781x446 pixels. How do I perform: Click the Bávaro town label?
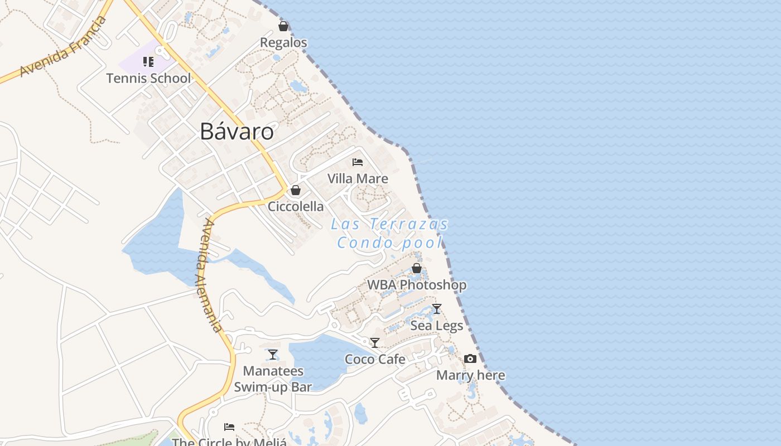coord(237,132)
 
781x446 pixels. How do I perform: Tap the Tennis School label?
coord(148,78)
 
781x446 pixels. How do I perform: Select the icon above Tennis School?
coord(148,61)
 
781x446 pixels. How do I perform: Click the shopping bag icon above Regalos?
coord(283,26)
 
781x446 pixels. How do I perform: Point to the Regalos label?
coord(283,42)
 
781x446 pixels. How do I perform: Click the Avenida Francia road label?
coord(62,47)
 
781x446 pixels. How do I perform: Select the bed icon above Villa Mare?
coord(358,162)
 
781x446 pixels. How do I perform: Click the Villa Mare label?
coord(358,178)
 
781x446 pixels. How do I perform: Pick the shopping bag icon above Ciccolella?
coord(296,190)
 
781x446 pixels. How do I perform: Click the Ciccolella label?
coord(296,206)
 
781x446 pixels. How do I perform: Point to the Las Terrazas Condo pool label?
coord(390,233)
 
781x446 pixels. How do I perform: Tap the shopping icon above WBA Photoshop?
coord(416,268)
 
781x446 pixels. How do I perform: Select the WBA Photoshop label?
coord(416,285)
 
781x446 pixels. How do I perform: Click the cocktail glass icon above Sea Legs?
coord(437,308)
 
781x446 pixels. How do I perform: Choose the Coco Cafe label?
coord(375,359)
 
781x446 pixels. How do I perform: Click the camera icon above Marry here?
coord(470,358)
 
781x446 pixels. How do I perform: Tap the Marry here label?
coord(470,375)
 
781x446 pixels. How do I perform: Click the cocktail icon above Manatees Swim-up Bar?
coord(273,354)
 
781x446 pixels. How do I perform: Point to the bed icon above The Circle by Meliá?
coord(229,427)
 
